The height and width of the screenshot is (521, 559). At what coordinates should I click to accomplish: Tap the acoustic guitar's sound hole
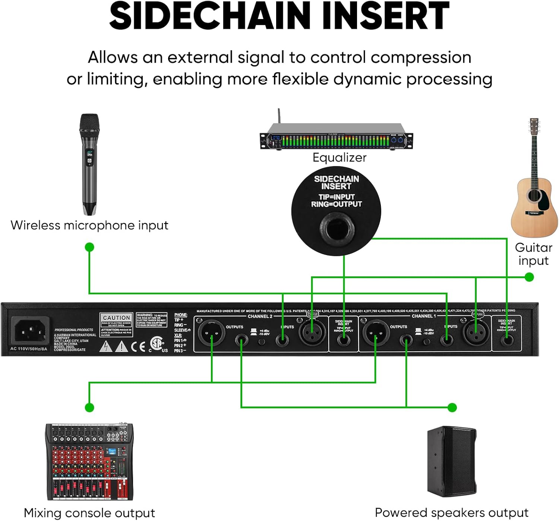point(534,195)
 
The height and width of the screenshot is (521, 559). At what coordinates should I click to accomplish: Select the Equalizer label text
point(339,158)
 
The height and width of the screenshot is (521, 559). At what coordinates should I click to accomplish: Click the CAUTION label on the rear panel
point(116,318)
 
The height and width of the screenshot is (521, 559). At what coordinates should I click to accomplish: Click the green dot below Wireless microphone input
point(89,247)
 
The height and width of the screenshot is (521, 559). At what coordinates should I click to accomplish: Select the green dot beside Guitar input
point(529,277)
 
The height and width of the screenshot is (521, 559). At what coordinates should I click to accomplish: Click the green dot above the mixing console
point(89,407)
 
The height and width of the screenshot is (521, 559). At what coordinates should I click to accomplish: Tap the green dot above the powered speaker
point(452,407)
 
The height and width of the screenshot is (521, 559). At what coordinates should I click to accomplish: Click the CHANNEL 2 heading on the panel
point(260,316)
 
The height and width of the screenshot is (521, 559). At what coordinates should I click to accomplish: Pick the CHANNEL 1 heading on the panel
point(424,316)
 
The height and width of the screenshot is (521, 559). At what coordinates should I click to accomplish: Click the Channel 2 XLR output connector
point(211,333)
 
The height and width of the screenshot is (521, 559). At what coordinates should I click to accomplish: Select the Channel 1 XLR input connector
point(476,332)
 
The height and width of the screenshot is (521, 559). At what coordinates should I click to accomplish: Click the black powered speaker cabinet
point(452,462)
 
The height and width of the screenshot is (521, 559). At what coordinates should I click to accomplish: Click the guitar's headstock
point(534,127)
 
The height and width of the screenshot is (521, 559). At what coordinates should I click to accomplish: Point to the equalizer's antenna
point(278,116)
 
